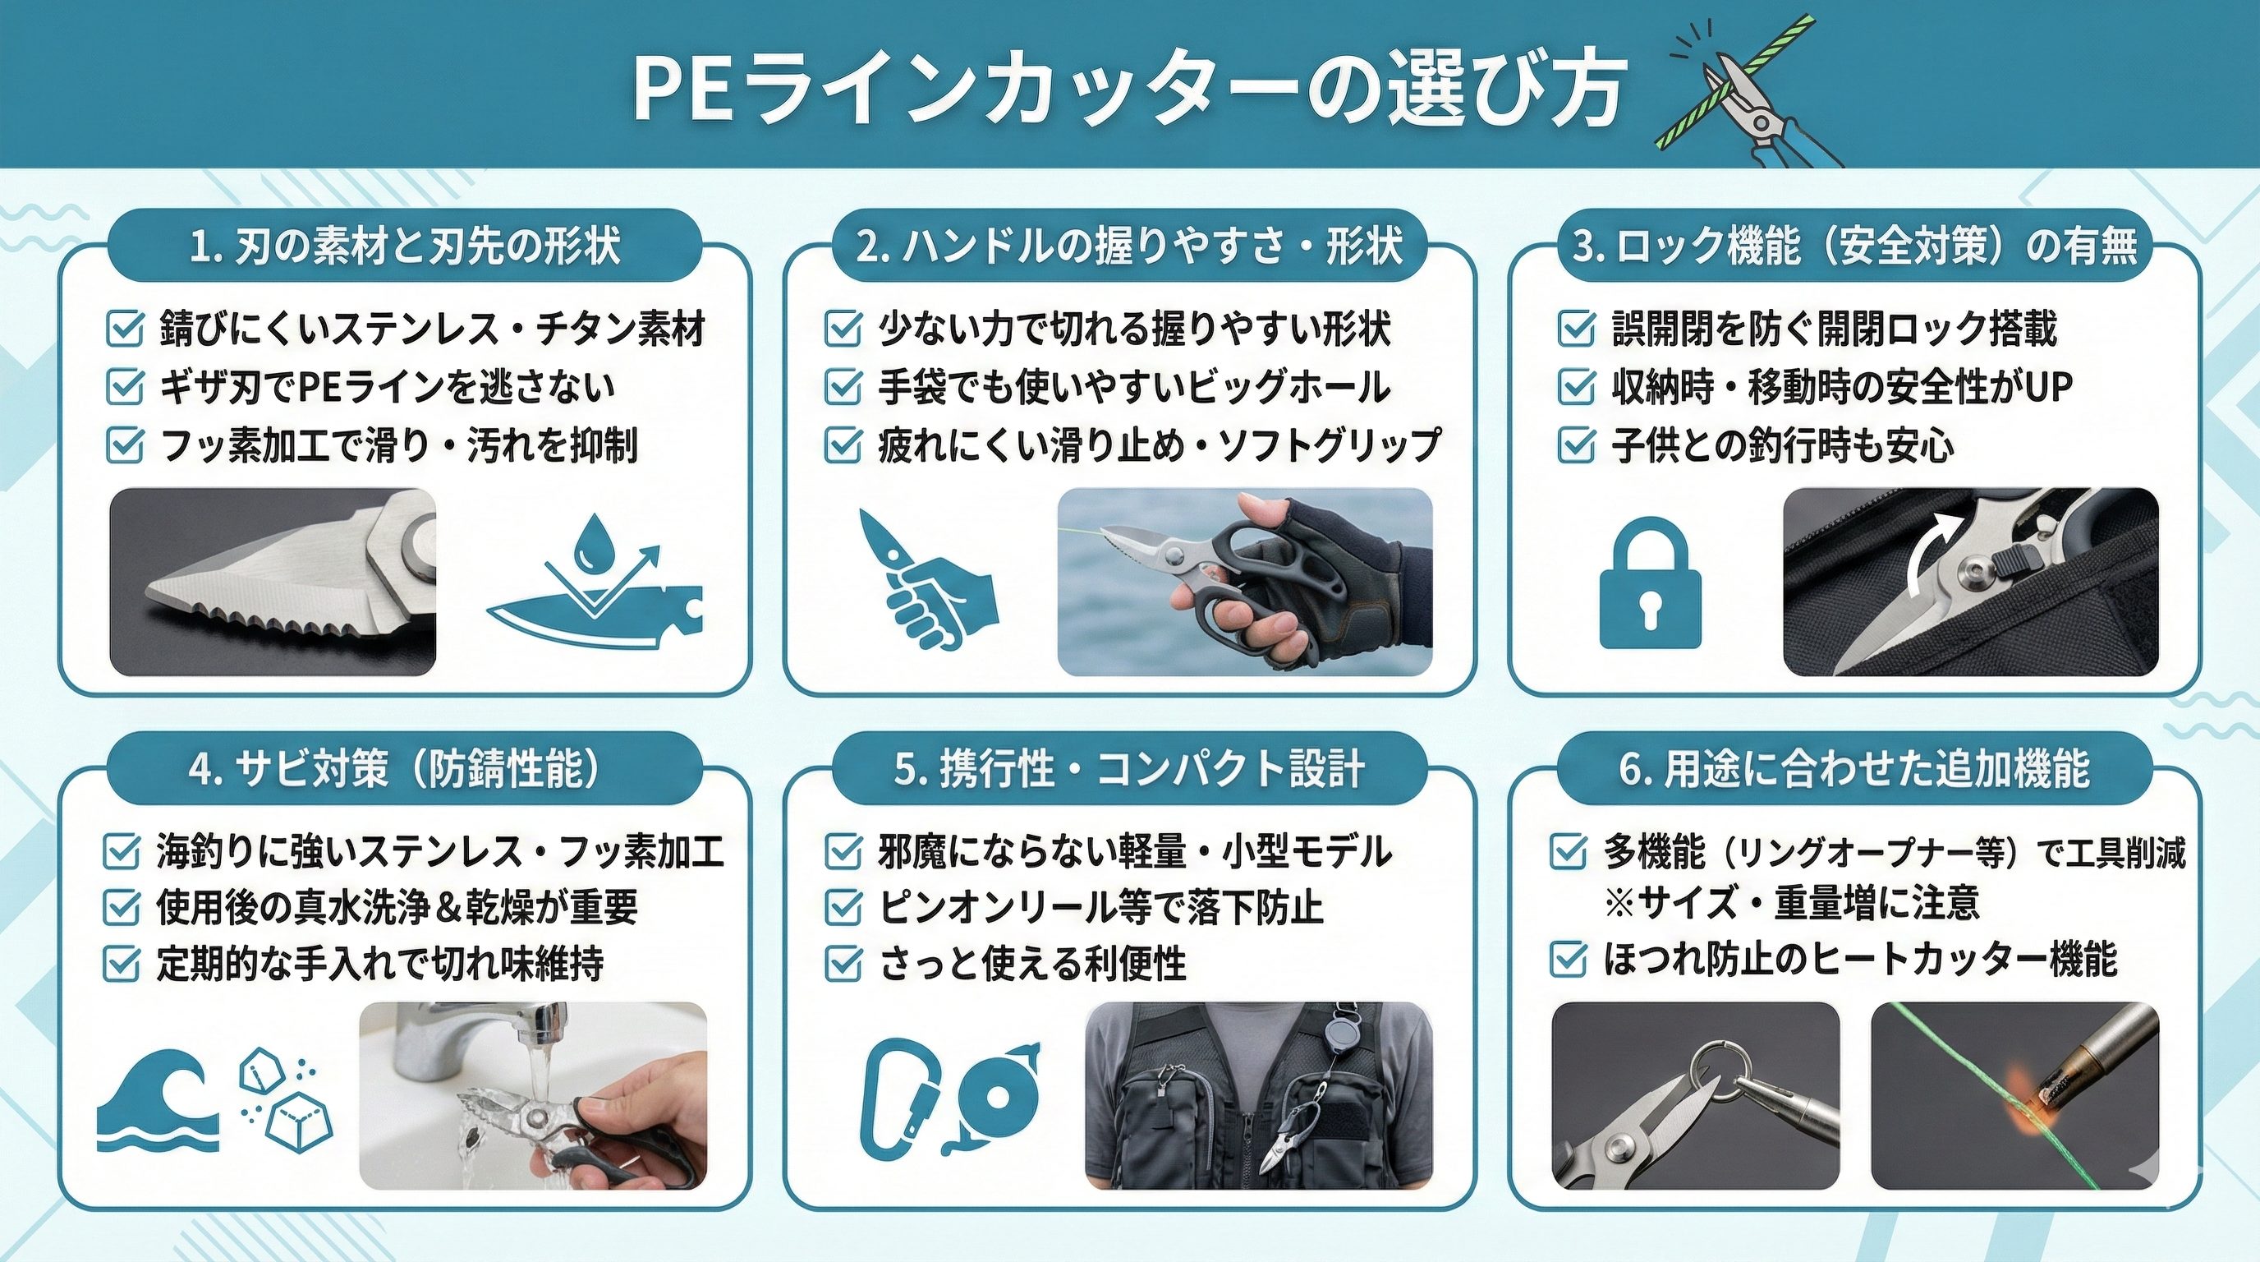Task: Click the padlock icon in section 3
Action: [x=1651, y=582]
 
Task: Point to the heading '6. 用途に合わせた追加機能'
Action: [x=1854, y=768]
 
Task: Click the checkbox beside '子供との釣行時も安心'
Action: [x=1576, y=445]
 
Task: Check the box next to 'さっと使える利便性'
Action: [x=843, y=964]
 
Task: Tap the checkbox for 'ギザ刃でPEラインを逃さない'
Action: [x=124, y=386]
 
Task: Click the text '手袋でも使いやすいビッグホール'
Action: [x=1134, y=387]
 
